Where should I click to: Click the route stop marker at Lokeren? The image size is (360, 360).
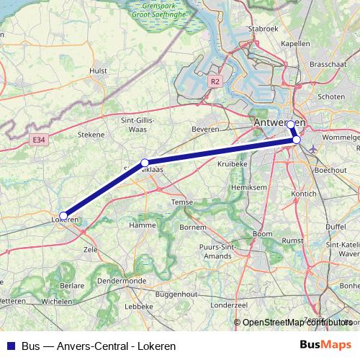point(63,215)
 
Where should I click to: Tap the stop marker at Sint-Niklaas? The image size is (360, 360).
point(145,163)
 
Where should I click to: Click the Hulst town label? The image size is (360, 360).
point(98,71)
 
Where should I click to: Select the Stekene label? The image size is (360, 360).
point(91,133)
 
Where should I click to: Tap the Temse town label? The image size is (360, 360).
point(180,202)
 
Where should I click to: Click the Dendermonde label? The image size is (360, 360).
point(122,280)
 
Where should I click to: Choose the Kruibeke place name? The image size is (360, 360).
point(231,163)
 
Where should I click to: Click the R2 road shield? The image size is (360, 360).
point(215,82)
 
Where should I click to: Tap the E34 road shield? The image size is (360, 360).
point(39,140)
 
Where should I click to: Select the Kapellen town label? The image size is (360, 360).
point(295,43)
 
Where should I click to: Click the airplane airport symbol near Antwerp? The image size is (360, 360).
point(312,149)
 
